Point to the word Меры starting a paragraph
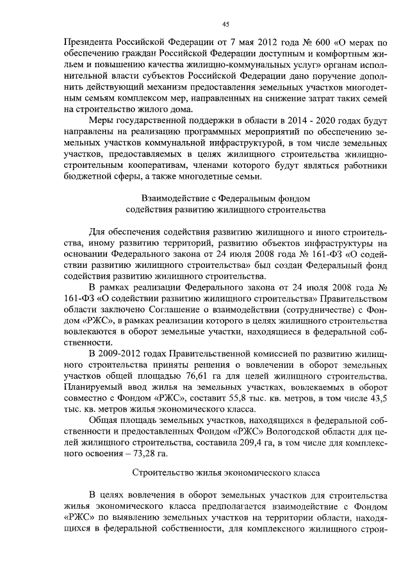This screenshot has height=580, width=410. coord(102,120)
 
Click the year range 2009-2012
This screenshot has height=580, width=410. coord(126,353)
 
